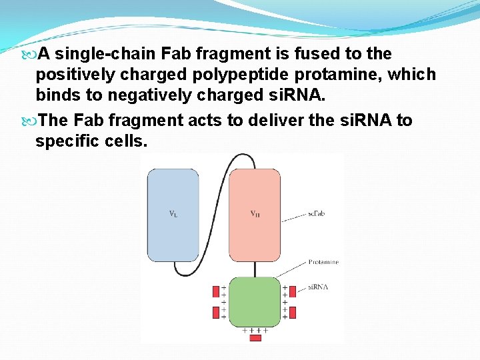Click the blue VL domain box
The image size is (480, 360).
tap(173, 214)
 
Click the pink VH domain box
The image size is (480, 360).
tap(255, 214)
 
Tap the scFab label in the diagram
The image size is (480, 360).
tap(316, 213)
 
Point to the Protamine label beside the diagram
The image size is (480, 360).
tap(323, 262)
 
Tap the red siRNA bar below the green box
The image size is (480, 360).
tap(255, 338)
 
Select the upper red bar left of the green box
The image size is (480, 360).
tap(215, 291)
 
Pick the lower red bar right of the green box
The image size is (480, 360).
tap(292, 312)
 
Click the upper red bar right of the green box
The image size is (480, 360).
tap(292, 291)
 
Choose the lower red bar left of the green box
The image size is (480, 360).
tap(215, 312)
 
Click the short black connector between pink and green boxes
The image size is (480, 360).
tap(254, 269)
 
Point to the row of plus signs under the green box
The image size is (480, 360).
tap(255, 330)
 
